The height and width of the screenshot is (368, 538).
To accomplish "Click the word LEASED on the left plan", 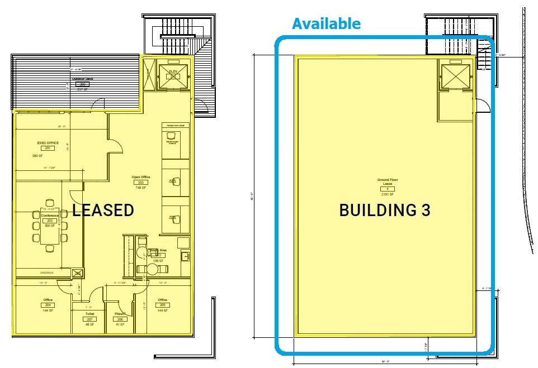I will (x=103, y=210).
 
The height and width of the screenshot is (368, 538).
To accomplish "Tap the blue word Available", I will (x=326, y=23).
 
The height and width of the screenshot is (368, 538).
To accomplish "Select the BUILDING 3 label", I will (x=385, y=210).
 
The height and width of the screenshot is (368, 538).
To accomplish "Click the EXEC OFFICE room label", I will (x=48, y=143).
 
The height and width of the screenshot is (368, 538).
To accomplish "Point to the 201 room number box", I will (x=48, y=149).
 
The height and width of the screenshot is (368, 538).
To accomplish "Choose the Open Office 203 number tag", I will (x=140, y=183).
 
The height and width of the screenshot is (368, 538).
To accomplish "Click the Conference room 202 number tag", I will (x=49, y=221).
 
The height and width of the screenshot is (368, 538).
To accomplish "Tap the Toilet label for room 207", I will (x=89, y=314).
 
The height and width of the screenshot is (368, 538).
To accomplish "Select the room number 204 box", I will (x=48, y=304).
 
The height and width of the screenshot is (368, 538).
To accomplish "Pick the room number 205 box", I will (x=163, y=304).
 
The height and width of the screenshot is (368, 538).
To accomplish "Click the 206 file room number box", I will (x=119, y=319).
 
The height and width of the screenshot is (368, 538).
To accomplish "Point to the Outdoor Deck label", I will (x=82, y=79).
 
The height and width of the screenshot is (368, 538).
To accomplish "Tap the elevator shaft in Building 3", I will (x=456, y=75).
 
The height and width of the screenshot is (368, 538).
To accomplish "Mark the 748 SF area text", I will (x=140, y=188).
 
